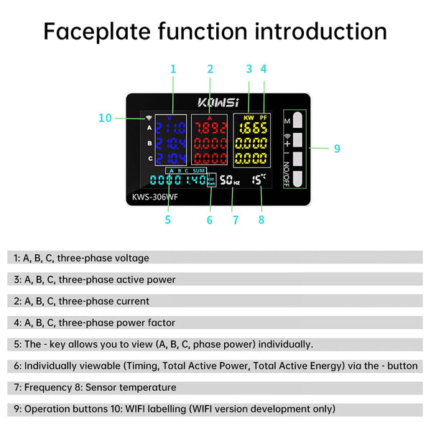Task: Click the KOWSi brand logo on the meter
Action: (x=218, y=102)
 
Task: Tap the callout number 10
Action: (x=105, y=118)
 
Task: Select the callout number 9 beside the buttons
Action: (x=336, y=149)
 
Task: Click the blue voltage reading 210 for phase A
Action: (x=171, y=129)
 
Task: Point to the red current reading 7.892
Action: (x=210, y=129)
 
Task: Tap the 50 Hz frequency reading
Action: (x=230, y=181)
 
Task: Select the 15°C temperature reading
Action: (x=259, y=180)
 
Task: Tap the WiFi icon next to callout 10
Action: (x=149, y=118)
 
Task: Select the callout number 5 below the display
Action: (x=167, y=220)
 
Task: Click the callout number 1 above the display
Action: (x=173, y=69)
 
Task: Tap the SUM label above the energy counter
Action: (x=199, y=171)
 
